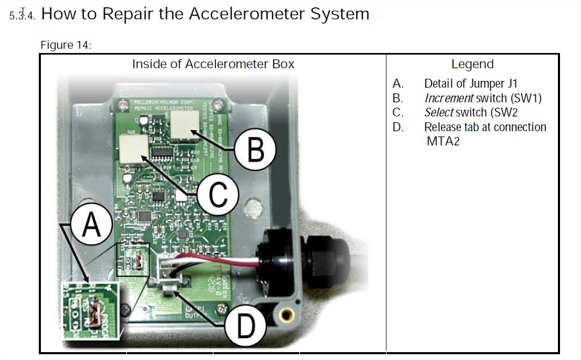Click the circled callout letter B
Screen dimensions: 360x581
coord(255,150)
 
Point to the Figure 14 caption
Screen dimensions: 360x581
coord(66,45)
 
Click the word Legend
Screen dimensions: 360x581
coord(472,65)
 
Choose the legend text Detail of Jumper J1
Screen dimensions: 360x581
coord(471,83)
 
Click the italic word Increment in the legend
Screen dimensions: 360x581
coord(449,98)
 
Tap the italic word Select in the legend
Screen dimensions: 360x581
coord(439,112)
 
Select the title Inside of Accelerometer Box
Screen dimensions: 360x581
coord(213,65)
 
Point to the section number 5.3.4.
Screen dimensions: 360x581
coord(23,15)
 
